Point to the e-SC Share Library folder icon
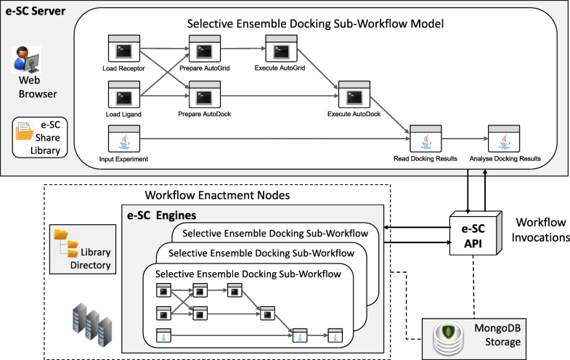click(24, 132)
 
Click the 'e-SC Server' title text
click(35, 12)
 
